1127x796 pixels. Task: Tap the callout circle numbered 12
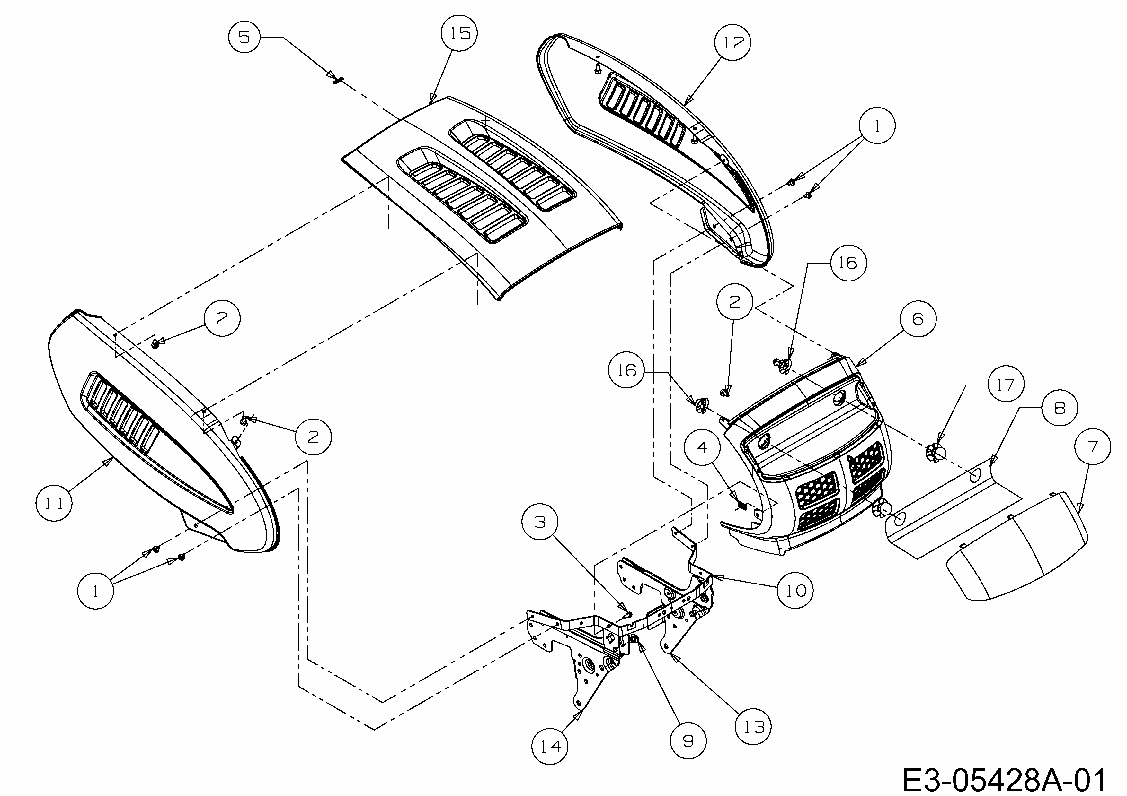click(732, 43)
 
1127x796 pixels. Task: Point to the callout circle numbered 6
click(918, 319)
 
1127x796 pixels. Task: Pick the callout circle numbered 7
click(1092, 446)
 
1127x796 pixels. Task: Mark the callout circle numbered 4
click(702, 447)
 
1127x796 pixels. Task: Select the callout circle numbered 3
click(540, 522)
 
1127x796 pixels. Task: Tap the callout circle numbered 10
click(795, 591)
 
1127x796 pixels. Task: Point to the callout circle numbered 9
click(688, 740)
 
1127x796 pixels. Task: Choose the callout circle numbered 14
click(550, 747)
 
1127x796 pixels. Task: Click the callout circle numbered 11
click(54, 503)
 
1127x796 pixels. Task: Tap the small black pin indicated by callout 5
click(338, 80)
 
